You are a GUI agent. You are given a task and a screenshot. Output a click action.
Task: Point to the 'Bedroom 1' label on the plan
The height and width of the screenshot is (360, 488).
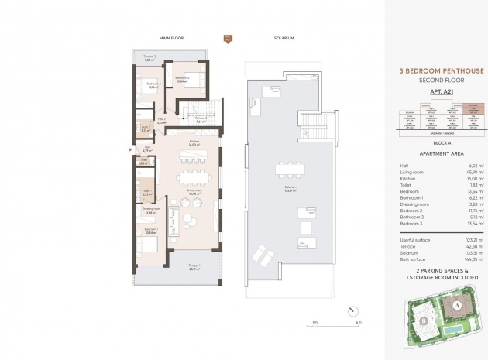pyautogui.click(x=151, y=229)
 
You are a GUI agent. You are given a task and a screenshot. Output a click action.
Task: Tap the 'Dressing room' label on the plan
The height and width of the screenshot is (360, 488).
pyautogui.click(x=151, y=209)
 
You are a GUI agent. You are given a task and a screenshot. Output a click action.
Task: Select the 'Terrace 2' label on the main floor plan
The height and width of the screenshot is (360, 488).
pyautogui.click(x=149, y=57)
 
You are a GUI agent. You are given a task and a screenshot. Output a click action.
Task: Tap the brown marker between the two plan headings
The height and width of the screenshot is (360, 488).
pyautogui.click(x=228, y=38)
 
